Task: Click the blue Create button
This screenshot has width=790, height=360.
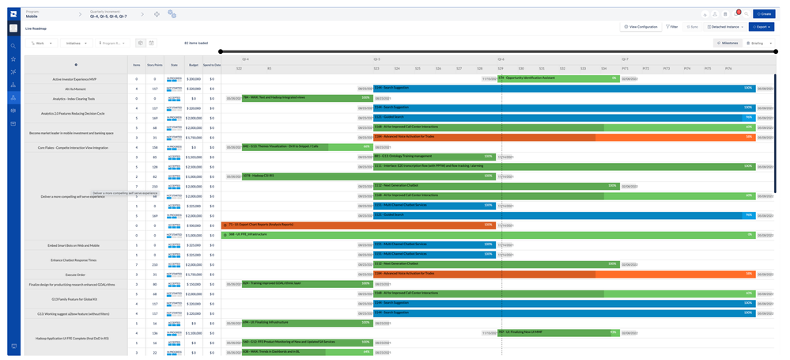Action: [x=764, y=13]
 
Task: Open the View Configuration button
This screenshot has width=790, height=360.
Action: [x=640, y=27]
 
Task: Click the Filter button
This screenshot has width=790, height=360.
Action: [x=672, y=27]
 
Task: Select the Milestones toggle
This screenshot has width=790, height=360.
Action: [x=728, y=44]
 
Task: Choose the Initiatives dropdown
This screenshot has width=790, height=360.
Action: [x=75, y=44]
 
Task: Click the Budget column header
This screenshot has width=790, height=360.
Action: [x=194, y=65]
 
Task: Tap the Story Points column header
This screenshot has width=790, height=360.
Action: [x=155, y=65]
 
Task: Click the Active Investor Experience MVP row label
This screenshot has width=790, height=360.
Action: [x=74, y=79]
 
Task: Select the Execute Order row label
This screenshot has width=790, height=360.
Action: [x=74, y=275]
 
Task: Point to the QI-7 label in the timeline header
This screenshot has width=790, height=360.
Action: [x=625, y=59]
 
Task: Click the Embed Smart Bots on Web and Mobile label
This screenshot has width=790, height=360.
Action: [x=74, y=245]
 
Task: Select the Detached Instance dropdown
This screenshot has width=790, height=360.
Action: [x=725, y=27]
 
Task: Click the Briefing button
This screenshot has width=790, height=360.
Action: [x=759, y=44]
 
